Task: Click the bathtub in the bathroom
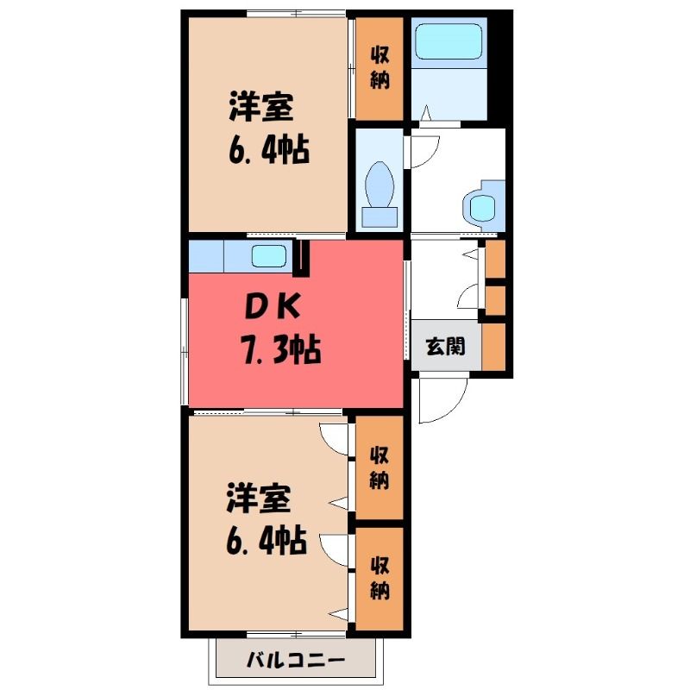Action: pyautogui.click(x=448, y=41)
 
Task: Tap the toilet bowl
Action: pyautogui.click(x=379, y=184)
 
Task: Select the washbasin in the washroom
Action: pyautogui.click(x=484, y=206)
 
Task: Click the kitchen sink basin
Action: pyautogui.click(x=269, y=256)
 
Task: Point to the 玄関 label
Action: pyautogui.click(x=445, y=346)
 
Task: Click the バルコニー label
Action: pyautogui.click(x=295, y=660)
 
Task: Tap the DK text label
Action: pyautogui.click(x=273, y=307)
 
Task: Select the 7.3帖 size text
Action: pyautogui.click(x=279, y=350)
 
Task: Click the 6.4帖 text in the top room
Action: pyautogui.click(x=269, y=150)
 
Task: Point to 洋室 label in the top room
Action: pyautogui.click(x=261, y=107)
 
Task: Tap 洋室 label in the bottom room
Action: pyautogui.click(x=259, y=499)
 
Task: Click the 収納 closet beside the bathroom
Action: pyautogui.click(x=379, y=68)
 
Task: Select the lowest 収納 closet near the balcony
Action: pyautogui.click(x=379, y=579)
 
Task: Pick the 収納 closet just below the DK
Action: pyautogui.click(x=379, y=467)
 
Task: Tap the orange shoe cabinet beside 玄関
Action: pyautogui.click(x=493, y=347)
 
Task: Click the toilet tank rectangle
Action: pyautogui.click(x=379, y=217)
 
